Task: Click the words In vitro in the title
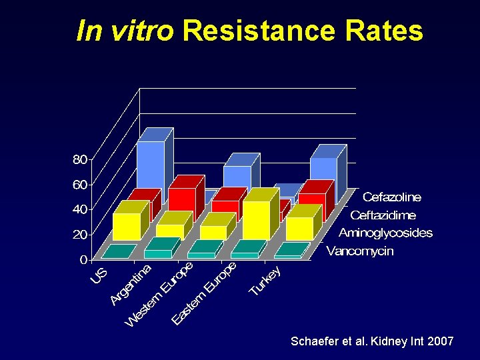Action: pos(125,31)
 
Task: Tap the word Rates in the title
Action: pos(385,31)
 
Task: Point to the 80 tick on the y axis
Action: pos(79,159)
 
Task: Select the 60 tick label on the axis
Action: pos(79,185)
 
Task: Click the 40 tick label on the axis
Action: pos(79,209)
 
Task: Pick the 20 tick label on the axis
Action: pos(79,235)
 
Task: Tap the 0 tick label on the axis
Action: pos(83,259)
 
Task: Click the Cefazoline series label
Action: pos(392,197)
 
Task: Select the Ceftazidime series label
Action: pos(383,215)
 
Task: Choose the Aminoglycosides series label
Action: pos(385,233)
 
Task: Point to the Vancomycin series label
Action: pos(360,251)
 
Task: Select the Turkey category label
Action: pos(265,281)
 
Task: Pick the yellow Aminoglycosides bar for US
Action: pos(127,226)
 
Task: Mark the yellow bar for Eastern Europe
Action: pos(257,219)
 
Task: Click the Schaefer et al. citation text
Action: pos(372,341)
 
